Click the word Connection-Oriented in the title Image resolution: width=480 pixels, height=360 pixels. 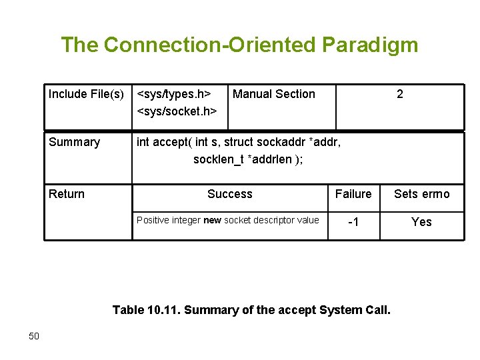tap(211, 45)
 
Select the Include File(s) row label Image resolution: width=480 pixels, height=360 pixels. tap(86, 94)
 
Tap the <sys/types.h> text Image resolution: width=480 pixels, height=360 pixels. tap(174, 94)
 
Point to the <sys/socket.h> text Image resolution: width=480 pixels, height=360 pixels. tap(177, 111)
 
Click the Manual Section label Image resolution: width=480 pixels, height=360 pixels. tap(274, 94)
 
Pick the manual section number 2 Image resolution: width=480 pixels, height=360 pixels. tap(399, 94)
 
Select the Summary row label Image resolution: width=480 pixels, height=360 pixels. tap(74, 142)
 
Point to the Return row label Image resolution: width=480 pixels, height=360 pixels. tap(67, 194)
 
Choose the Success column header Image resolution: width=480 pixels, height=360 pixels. tap(229, 194)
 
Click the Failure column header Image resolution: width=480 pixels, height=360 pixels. tap(353, 194)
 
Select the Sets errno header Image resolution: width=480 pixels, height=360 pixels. tap(421, 194)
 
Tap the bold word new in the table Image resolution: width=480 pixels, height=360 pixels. tap(212, 221)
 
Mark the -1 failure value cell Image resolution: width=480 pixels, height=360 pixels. tap(353, 222)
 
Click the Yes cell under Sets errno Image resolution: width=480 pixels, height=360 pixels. tap(421, 222)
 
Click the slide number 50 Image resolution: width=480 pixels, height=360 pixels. tap(34, 336)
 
